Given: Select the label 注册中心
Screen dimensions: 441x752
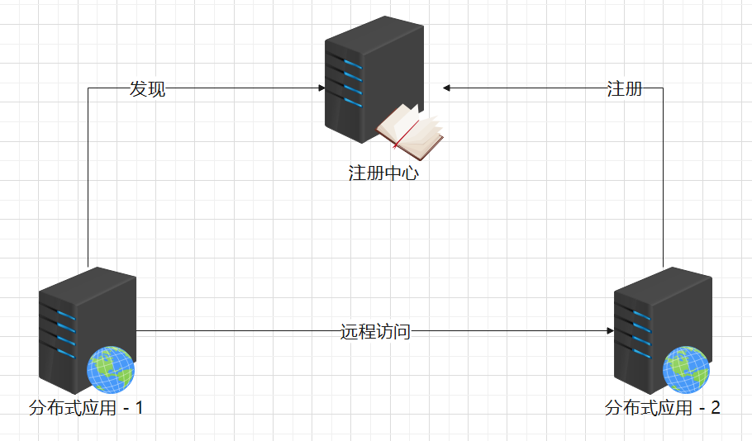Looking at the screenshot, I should [383, 174].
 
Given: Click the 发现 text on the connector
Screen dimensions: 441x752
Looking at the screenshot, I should [148, 89].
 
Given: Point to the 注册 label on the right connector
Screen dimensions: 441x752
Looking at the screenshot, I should [624, 89].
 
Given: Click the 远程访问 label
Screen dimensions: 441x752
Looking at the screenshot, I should [375, 332].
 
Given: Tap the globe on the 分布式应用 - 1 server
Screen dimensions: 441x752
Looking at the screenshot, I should [111, 369].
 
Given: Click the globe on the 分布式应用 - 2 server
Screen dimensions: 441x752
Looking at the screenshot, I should [686, 369].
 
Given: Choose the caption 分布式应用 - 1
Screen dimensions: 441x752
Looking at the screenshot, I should [86, 408].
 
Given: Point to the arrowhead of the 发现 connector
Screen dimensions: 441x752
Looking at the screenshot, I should [321, 88].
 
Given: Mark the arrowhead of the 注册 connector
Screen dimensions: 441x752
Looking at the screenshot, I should [446, 88].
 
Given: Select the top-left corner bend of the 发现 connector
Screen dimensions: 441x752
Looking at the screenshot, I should [88, 88].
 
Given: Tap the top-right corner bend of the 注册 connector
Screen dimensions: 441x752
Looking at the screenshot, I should [664, 88].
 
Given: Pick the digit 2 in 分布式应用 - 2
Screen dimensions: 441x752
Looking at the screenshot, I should [715, 408].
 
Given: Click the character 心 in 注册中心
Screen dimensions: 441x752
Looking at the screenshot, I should [410, 174].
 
